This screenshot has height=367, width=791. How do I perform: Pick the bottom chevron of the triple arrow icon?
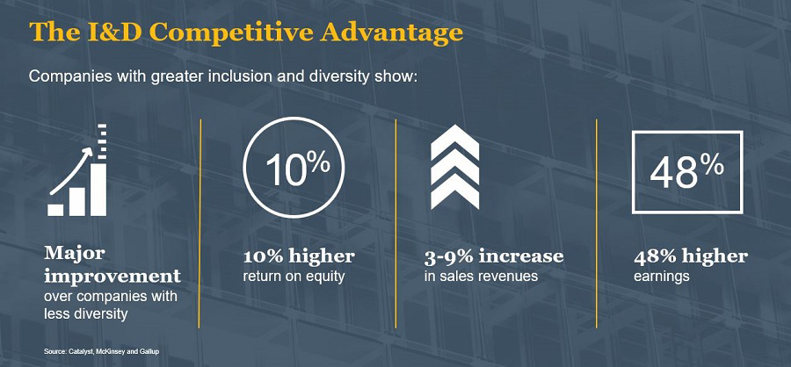(454, 190)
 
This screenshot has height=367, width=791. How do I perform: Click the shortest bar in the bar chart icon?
(55, 210)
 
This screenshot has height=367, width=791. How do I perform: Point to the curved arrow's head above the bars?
(90, 152)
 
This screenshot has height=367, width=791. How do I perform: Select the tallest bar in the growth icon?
(98, 190)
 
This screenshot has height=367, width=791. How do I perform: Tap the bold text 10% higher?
(299, 256)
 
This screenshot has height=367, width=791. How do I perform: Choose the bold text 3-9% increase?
(494, 256)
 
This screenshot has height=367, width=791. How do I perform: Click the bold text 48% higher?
(691, 256)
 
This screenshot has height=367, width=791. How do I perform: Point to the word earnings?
(661, 277)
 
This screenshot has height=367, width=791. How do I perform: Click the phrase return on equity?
(294, 277)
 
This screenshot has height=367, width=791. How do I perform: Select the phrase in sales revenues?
(481, 277)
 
